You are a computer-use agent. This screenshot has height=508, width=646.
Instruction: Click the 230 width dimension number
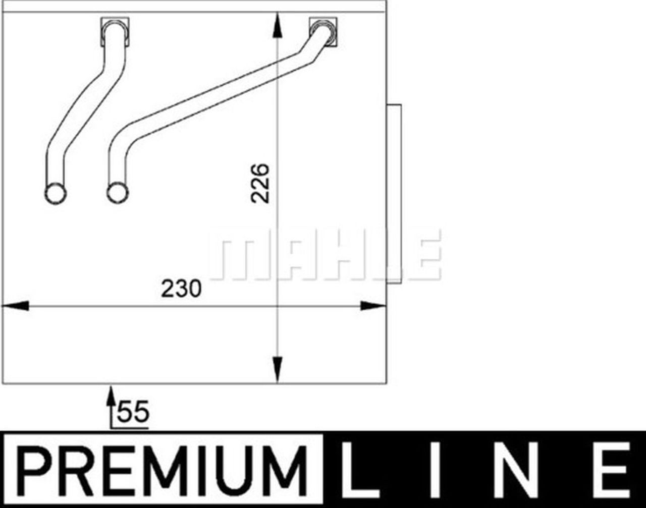click(181, 289)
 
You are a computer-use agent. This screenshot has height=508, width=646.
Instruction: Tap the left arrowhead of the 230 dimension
click(15, 306)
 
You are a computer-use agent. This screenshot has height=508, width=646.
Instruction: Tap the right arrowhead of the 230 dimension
click(373, 306)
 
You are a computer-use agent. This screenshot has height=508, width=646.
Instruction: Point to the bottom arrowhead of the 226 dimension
click(277, 368)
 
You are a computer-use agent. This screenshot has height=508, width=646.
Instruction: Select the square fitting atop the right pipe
click(323, 31)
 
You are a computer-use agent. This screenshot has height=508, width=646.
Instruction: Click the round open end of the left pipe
click(55, 193)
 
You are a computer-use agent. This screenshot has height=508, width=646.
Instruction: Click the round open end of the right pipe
click(118, 193)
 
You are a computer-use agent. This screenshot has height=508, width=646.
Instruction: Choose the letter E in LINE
click(613, 469)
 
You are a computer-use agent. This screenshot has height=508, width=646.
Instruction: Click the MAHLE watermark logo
click(326, 254)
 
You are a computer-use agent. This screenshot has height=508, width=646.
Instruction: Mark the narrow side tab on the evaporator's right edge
click(394, 192)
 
